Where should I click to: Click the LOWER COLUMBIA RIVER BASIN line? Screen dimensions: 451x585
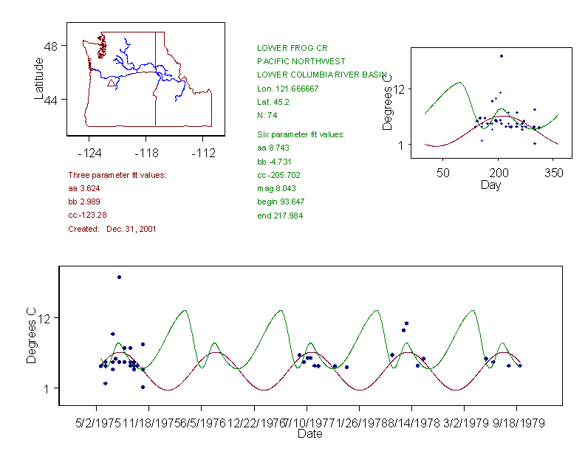point(322,75)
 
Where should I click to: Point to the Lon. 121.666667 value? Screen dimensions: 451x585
point(287,89)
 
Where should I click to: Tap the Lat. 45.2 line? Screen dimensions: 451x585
point(273,102)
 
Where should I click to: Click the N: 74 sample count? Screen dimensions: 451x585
point(267,115)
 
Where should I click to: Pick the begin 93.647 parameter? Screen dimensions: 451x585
point(281,202)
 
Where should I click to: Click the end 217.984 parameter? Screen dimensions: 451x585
point(279,216)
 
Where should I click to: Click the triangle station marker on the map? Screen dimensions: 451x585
point(111,83)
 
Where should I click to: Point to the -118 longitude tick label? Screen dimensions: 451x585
point(146,154)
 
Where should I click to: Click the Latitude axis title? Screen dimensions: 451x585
point(39,78)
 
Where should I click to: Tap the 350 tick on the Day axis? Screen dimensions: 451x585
point(554,173)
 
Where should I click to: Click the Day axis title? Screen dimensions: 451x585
point(490,185)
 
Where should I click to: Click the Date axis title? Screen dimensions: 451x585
point(309,434)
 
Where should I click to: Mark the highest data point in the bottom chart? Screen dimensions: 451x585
point(119,277)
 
